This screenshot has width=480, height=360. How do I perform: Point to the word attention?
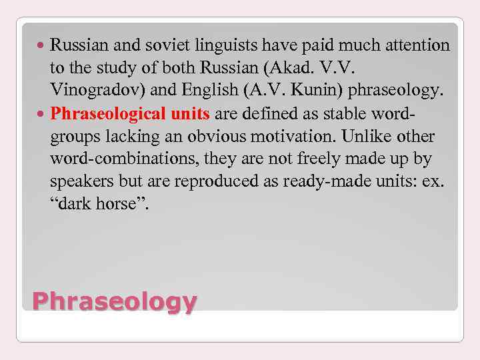pyautogui.click(x=415, y=45)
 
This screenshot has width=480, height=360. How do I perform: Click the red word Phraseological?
pyautogui.click(x=107, y=113)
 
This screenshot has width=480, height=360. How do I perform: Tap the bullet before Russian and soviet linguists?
pyautogui.click(x=42, y=46)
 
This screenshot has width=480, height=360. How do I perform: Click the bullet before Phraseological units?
pyautogui.click(x=42, y=114)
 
